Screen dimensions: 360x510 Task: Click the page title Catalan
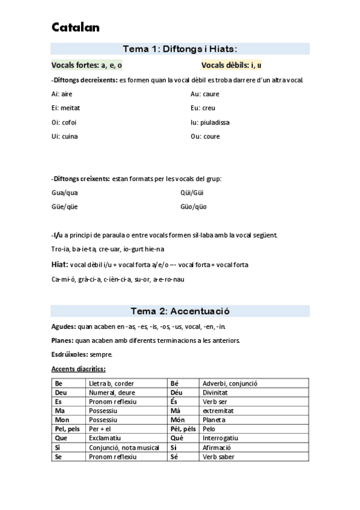pos(76,28)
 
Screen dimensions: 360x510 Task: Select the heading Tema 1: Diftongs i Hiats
pos(180,49)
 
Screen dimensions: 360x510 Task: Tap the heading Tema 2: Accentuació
pos(180,311)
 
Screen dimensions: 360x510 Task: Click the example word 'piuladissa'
pos(215,122)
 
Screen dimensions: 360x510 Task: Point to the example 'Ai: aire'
pos(62,94)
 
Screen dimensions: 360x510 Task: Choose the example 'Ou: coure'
pos(205,137)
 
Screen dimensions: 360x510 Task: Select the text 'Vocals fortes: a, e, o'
pos(87,65)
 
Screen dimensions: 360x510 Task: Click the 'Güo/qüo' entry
pos(194,207)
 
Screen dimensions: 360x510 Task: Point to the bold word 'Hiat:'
pos(59,265)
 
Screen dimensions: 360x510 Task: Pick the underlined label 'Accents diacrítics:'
pos(79,369)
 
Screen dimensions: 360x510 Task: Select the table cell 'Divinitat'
pos(216,392)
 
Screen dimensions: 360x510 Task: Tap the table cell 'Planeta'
pos(215,420)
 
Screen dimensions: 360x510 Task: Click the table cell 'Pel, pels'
pos(67,429)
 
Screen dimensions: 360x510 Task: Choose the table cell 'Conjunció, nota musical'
pos(124,448)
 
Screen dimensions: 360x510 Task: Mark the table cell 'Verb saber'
pos(218,457)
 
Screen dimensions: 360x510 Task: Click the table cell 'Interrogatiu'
pos(220,438)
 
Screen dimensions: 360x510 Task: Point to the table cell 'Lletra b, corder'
pos(111,383)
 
